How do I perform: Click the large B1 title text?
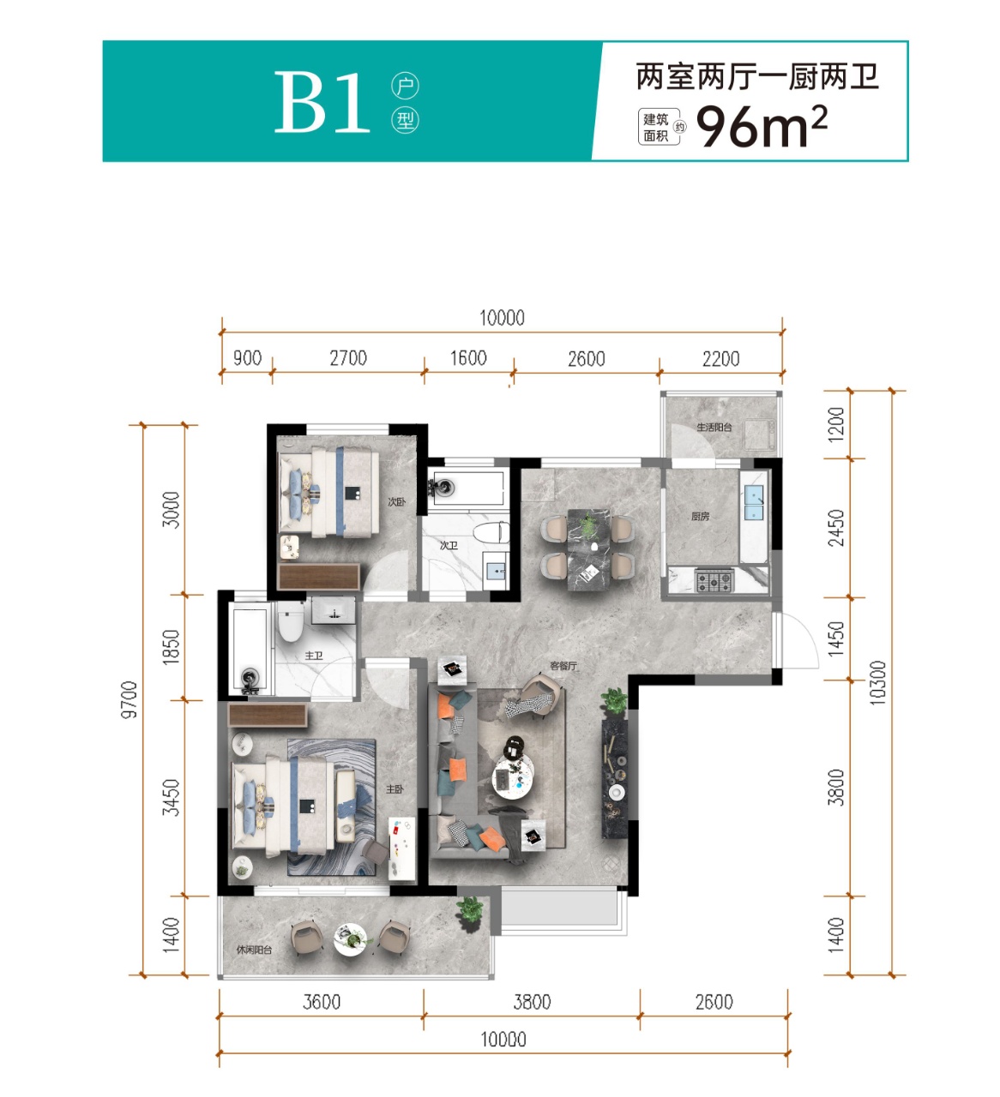pyautogui.click(x=322, y=102)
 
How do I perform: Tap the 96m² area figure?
pyautogui.click(x=762, y=126)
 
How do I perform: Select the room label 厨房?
pyautogui.click(x=700, y=516)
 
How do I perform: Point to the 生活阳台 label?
pyautogui.click(x=714, y=427)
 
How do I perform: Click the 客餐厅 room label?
pyautogui.click(x=563, y=666)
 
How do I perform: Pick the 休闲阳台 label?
pyautogui.click(x=254, y=950)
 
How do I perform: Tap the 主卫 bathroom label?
pyautogui.click(x=314, y=655)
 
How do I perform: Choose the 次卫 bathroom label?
pyautogui.click(x=449, y=545)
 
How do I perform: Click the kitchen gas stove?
pyautogui.click(x=714, y=581)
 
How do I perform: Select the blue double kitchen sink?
pyautogui.click(x=753, y=502)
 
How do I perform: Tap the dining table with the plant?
pyautogui.click(x=588, y=549)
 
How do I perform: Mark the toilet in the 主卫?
pyautogui.click(x=291, y=622)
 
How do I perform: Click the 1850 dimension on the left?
pyautogui.click(x=172, y=647)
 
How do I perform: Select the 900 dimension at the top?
pyautogui.click(x=247, y=358)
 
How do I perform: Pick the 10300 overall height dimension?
pyautogui.click(x=877, y=683)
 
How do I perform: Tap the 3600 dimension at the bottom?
pyautogui.click(x=322, y=1002)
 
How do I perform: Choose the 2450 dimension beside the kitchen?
pyautogui.click(x=836, y=528)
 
